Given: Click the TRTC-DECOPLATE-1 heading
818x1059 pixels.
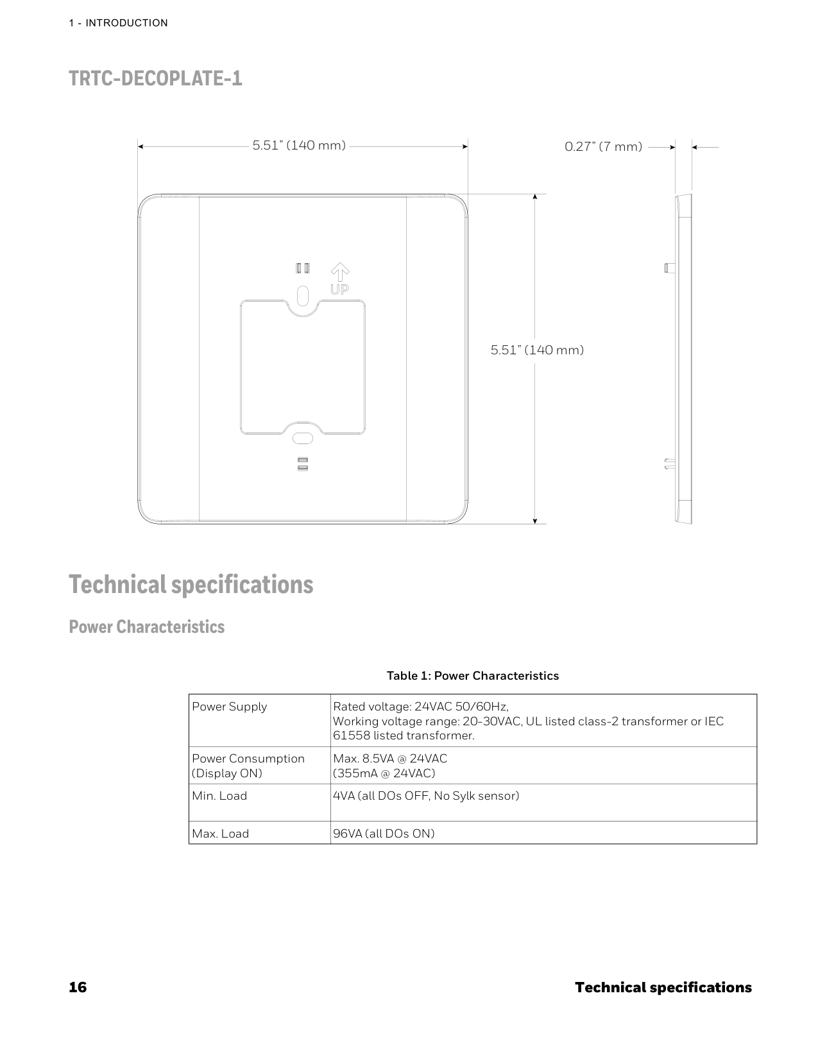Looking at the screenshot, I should (155, 79).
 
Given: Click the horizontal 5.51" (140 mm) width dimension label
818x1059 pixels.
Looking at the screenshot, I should (299, 145).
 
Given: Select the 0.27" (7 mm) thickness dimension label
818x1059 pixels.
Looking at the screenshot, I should (603, 146).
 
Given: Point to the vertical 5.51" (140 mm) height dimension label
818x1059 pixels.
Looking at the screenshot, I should (537, 350).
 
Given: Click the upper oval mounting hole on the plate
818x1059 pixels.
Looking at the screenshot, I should (303, 295).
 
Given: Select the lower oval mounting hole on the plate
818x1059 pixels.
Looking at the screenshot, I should (302, 438).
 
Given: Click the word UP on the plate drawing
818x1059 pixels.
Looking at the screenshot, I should (339, 290).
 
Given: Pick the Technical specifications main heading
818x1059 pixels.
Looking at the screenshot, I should (191, 585).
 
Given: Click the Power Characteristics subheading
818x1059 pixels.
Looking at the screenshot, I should (147, 627).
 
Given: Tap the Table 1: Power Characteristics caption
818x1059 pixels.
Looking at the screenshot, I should (472, 676).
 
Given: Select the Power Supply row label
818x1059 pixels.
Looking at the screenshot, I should (229, 707).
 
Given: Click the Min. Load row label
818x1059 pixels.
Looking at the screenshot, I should (219, 796).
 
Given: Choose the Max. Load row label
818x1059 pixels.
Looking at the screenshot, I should (220, 834).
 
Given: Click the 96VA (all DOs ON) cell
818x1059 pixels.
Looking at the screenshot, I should (384, 834).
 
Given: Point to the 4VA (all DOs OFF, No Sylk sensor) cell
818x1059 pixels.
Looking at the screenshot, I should (426, 796).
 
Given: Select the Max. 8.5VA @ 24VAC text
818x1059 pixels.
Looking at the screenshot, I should (390, 759).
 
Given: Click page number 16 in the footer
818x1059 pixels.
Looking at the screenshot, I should (78, 987).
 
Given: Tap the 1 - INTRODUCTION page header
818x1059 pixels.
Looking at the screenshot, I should (119, 23).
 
